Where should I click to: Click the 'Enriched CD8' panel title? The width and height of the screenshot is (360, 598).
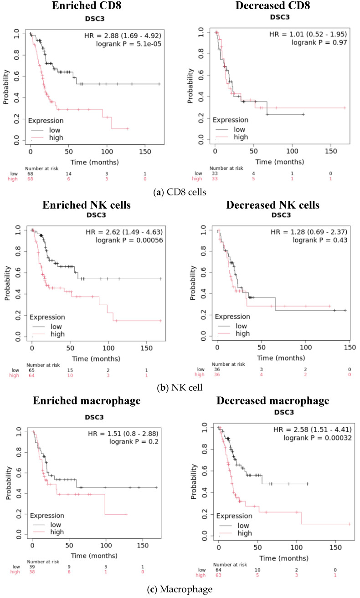[86, 5]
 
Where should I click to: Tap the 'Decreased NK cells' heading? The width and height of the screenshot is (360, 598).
[273, 205]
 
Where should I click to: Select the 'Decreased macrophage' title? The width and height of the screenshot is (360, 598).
[273, 401]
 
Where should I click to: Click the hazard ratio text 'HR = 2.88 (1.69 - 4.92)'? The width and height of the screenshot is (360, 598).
[123, 36]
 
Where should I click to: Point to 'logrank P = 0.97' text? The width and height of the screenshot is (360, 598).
[319, 42]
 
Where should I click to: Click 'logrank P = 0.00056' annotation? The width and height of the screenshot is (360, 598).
[129, 240]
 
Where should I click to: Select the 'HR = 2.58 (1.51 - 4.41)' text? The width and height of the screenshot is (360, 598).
[313, 429]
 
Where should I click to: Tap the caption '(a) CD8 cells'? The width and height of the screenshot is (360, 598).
[180, 192]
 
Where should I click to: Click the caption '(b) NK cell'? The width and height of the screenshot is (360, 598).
[180, 388]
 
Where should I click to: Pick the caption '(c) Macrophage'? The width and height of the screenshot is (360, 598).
[180, 589]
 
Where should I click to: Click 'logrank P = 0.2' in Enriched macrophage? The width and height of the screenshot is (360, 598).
[134, 442]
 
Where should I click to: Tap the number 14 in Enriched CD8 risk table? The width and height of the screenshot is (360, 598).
[69, 174]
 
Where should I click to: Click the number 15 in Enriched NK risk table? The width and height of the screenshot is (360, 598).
[70, 370]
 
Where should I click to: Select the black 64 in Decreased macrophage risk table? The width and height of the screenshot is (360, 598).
[218, 570]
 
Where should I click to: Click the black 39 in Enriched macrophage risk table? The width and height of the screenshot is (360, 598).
[32, 567]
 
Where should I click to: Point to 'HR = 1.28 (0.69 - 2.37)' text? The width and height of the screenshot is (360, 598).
[309, 232]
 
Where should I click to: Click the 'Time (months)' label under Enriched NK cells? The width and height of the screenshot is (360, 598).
[96, 359]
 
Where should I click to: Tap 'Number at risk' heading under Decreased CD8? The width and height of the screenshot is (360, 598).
[226, 169]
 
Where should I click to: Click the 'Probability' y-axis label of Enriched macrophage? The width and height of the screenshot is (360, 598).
[9, 483]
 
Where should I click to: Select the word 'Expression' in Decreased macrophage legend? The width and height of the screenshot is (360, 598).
[234, 516]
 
